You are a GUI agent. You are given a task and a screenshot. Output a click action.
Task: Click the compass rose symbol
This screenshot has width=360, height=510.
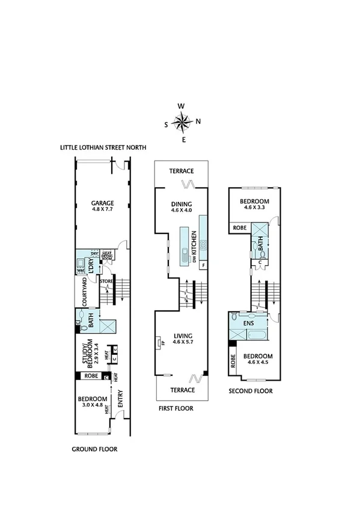[182, 123]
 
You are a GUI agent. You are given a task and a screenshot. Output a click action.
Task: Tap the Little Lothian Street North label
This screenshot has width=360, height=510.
[103, 147]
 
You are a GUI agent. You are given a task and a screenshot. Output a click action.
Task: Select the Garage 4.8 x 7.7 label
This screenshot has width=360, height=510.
[102, 206]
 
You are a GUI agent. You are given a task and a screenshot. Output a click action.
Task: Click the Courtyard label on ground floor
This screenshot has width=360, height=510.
[84, 291]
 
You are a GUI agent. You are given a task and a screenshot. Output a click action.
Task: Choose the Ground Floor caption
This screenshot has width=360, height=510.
[94, 449]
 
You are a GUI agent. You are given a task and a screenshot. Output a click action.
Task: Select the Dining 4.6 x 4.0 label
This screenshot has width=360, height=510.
[181, 207]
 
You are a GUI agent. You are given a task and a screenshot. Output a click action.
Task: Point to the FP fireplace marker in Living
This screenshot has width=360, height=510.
[162, 343]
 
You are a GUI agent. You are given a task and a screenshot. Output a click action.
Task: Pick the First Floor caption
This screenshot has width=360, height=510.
[176, 408]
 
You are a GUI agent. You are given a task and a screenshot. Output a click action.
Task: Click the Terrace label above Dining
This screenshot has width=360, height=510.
[181, 171]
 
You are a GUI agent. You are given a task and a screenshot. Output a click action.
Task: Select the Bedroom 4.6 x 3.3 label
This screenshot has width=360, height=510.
[254, 204]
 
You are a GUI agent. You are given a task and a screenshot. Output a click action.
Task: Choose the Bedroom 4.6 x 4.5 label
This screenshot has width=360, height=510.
[258, 358]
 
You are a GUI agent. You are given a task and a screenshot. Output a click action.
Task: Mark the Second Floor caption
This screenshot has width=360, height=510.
[251, 391]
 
